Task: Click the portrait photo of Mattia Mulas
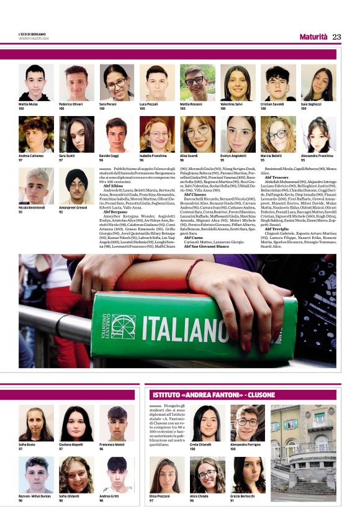click(x=36, y=83)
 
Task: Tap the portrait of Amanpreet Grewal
click(x=76, y=186)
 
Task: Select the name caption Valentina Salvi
click(x=230, y=104)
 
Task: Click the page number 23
click(x=336, y=37)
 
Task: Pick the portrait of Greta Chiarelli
click(x=206, y=423)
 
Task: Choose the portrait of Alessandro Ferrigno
click(x=247, y=423)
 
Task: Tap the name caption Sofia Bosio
click(x=27, y=444)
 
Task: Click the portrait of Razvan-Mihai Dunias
click(x=36, y=475)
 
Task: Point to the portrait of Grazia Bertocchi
click(x=247, y=475)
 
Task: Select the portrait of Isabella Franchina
click(x=157, y=135)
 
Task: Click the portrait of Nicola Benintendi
click(x=36, y=186)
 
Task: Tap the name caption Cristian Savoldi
click(x=271, y=104)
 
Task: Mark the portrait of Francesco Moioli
click(x=117, y=423)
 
